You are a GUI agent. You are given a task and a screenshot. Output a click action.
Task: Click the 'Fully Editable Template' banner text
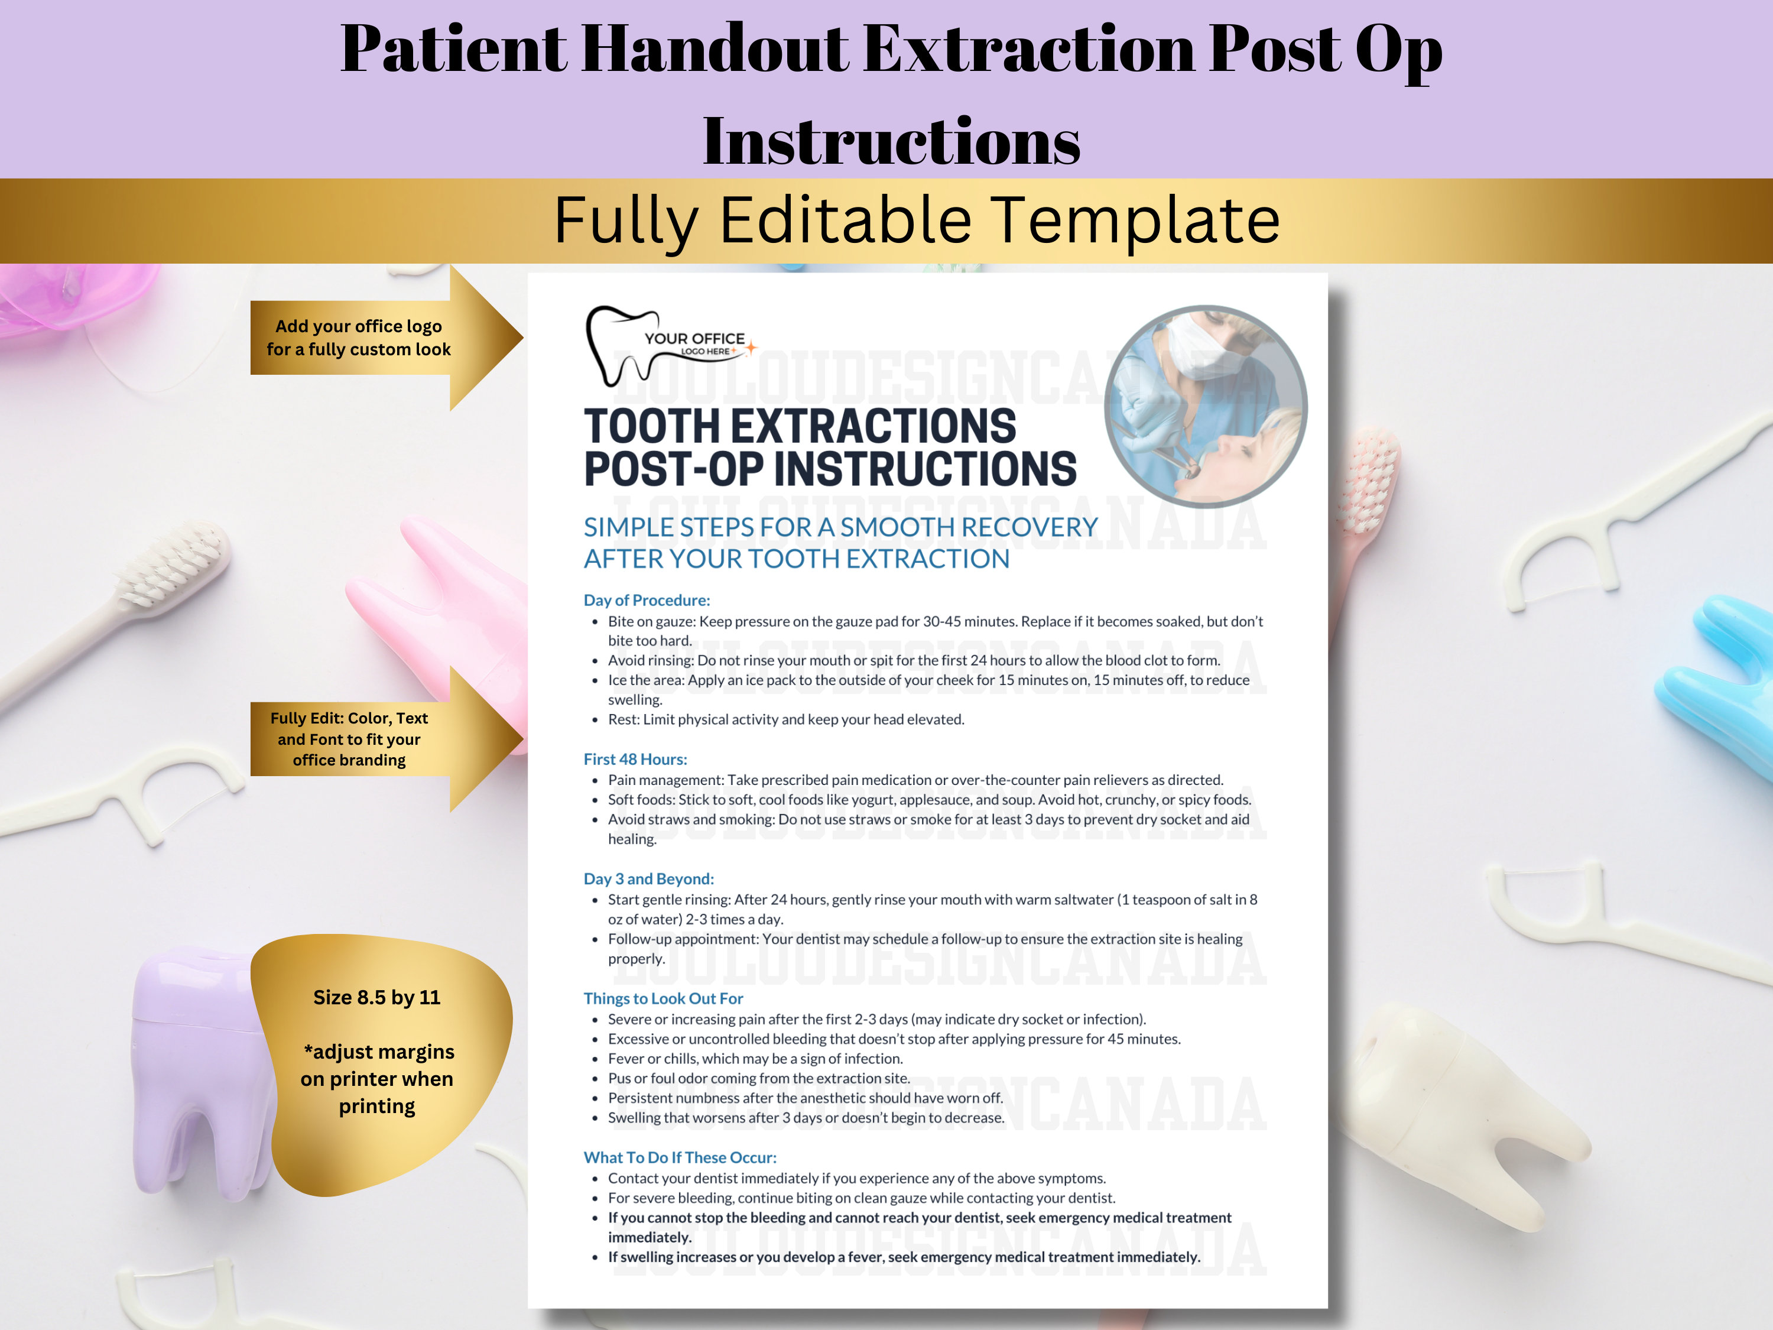coord(916,220)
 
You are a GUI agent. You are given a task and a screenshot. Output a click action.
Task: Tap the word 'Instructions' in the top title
coord(891,141)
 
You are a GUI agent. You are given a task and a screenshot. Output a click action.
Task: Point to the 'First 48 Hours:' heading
coord(635,758)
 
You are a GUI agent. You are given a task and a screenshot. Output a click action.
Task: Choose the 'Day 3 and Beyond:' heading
coord(648,878)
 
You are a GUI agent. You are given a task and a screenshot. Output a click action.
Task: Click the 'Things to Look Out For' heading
coord(663,998)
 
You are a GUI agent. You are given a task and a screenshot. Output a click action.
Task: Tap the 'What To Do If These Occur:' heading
coord(680,1157)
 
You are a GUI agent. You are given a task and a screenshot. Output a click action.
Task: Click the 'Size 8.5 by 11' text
coord(376,997)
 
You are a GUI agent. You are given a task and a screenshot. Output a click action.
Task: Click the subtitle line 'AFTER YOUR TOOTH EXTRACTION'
coord(796,559)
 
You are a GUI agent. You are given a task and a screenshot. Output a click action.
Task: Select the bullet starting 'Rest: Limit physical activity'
coord(785,719)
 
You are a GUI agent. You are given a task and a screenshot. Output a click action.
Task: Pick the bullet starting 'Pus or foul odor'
coord(758,1078)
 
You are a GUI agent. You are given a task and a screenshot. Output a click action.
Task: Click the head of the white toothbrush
coord(173,565)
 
